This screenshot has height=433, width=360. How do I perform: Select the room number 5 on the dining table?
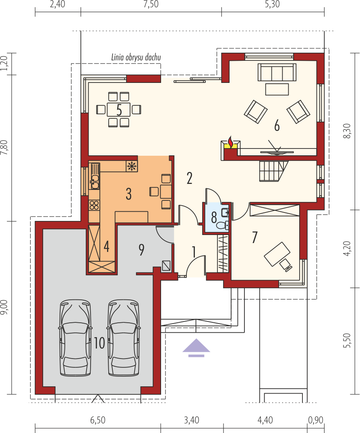(119, 110)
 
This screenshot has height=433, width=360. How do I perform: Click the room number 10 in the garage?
(99, 343)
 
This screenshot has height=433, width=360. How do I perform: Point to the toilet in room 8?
(222, 225)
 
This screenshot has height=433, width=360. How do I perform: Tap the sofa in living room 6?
(277, 72)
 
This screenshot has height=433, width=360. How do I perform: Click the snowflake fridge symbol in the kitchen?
(132, 166)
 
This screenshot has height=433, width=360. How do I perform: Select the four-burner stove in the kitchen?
(94, 206)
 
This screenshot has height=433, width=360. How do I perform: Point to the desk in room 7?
(277, 254)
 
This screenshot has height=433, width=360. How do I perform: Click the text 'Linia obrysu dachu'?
(136, 58)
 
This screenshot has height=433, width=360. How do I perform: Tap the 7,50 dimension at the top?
(151, 5)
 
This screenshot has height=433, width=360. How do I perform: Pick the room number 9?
(141, 250)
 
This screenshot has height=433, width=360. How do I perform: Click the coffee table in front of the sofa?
(277, 89)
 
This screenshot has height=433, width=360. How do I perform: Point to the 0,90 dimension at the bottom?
(315, 420)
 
